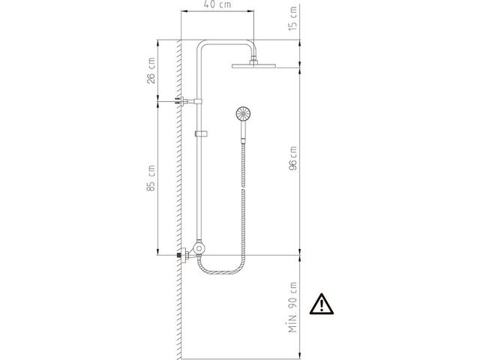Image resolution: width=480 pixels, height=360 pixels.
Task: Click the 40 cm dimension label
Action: pos(217,4)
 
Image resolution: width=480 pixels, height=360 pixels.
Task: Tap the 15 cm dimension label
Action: pos(293,19)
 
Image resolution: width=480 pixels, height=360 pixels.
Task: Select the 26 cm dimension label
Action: pos(151,70)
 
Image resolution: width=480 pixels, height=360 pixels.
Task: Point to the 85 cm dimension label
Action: pos(151,178)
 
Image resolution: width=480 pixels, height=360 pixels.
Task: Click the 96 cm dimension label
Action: pos(293,158)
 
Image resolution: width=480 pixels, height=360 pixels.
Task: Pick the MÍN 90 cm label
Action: pos(293,307)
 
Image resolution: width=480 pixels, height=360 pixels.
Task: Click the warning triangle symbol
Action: pos(321,304)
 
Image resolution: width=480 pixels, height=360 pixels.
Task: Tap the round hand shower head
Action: pos(243,114)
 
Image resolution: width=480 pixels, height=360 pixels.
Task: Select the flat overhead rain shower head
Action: pos(253,66)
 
